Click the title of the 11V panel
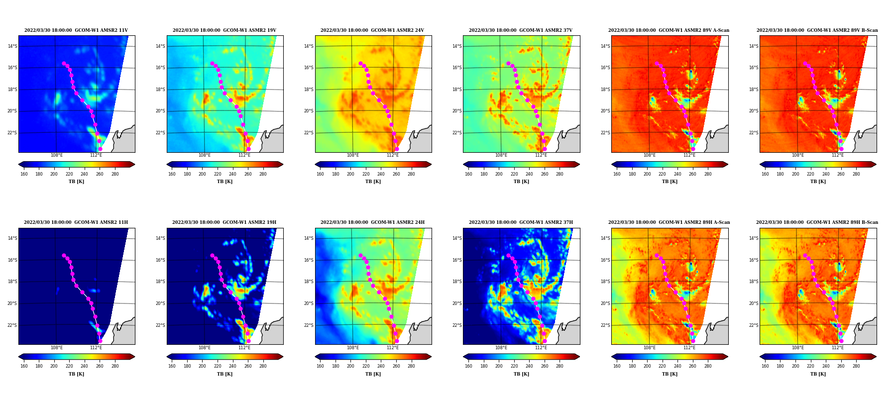(x=76, y=30)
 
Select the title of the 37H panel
(x=521, y=222)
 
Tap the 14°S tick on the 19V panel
(x=160, y=46)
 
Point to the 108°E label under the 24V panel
(x=353, y=155)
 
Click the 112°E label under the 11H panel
(x=96, y=348)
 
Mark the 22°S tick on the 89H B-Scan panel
(x=754, y=325)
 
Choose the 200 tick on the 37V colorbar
(x=499, y=174)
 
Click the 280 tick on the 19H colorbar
(x=263, y=366)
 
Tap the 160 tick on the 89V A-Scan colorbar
(x=617, y=174)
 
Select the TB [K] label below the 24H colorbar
(x=373, y=374)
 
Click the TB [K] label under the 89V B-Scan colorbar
(x=818, y=182)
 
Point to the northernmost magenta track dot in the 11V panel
(x=64, y=63)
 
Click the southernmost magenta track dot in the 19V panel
(x=248, y=149)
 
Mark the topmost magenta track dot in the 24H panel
(x=360, y=255)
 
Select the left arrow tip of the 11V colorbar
(x=18, y=164)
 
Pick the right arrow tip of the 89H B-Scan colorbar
(x=876, y=356)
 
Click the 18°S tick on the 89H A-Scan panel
(x=605, y=282)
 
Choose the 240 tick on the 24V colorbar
(x=381, y=174)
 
